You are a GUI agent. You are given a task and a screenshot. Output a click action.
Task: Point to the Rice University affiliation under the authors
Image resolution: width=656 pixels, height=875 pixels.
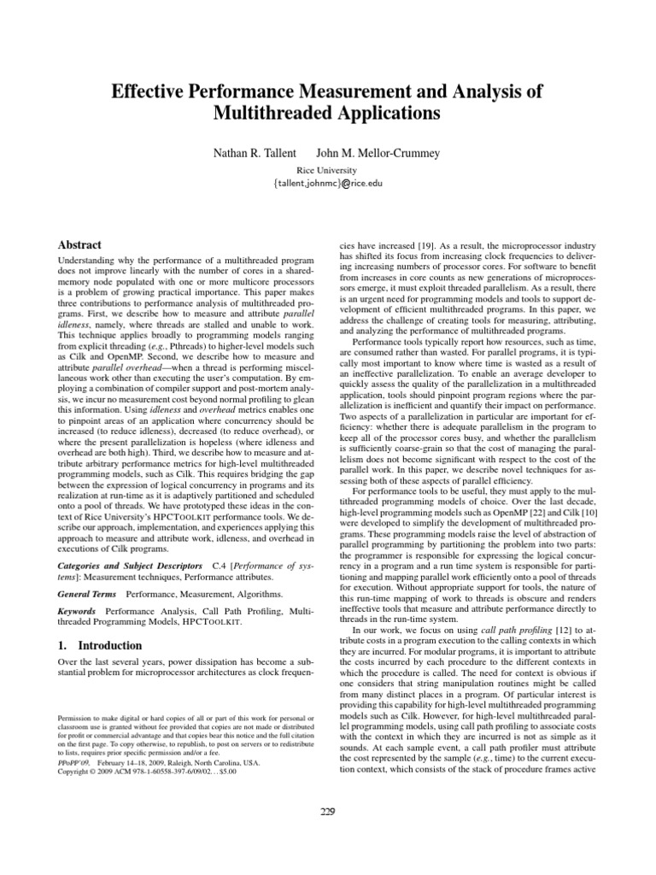[x=327, y=169]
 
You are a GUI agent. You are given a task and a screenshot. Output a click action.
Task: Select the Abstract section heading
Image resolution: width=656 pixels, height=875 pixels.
[x=79, y=244]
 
